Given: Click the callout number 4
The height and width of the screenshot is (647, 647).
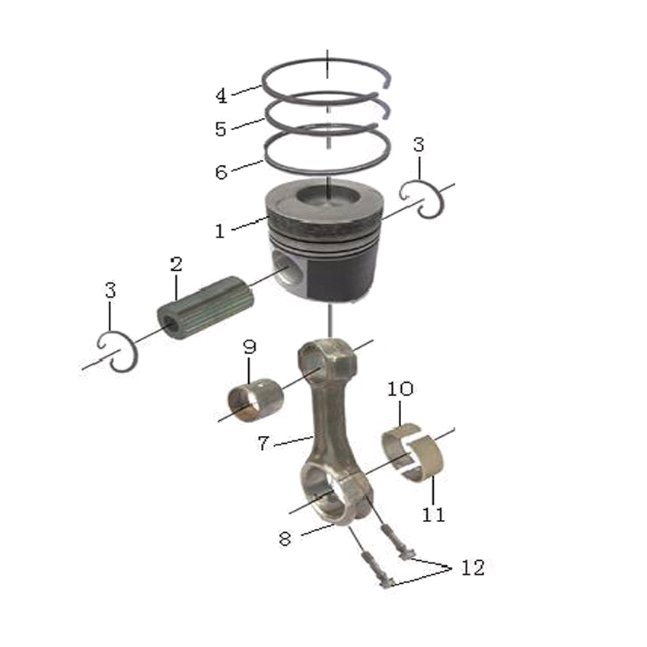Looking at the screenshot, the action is [222, 96].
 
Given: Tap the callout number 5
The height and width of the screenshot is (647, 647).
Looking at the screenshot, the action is [222, 129].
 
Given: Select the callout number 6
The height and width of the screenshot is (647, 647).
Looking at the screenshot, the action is [222, 172].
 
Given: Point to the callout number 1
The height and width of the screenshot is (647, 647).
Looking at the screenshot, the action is [220, 231].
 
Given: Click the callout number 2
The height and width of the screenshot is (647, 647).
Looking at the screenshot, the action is [176, 264].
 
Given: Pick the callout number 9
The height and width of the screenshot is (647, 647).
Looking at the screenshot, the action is [250, 347].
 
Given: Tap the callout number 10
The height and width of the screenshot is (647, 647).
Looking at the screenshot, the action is [400, 389].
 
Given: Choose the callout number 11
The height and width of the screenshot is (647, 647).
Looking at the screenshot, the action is [434, 515].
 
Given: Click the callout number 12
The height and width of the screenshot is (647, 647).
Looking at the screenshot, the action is [473, 568].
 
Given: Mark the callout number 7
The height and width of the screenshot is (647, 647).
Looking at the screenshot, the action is [263, 443].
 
